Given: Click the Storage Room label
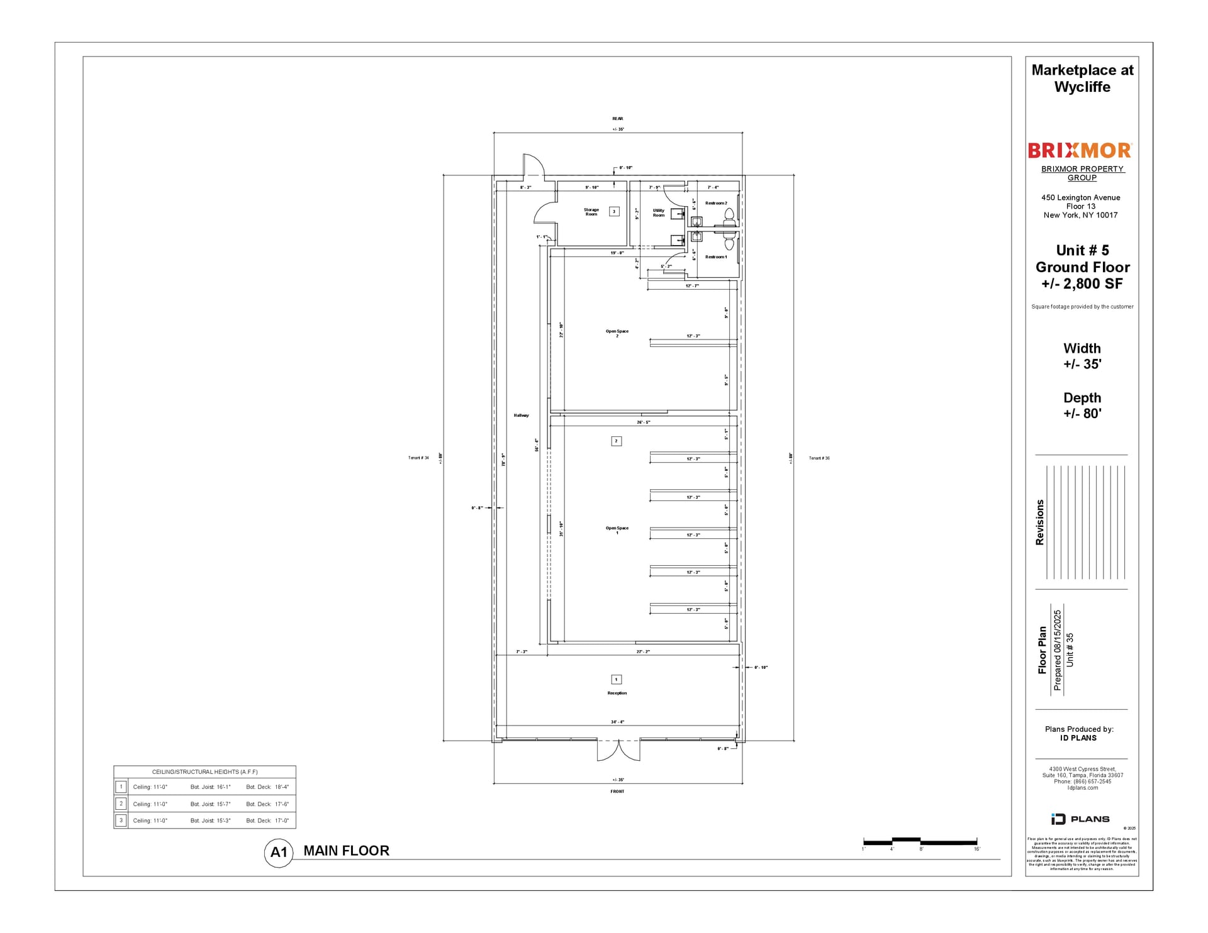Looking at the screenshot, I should point(591,212).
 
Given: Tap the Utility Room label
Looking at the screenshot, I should point(658,213).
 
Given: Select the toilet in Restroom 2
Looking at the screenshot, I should point(729,217).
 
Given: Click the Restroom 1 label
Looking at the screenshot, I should point(715,257).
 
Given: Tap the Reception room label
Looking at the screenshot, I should point(617,693).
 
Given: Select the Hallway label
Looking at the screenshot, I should point(521,415).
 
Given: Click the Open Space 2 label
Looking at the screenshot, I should point(617,333).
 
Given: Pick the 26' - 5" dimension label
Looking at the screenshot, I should point(643,422).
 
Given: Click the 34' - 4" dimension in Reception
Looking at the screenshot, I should point(617,722).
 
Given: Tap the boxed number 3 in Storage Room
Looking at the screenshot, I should point(614,212).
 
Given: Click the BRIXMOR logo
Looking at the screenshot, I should point(1080,150).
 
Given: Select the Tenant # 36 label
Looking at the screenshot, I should point(819,458).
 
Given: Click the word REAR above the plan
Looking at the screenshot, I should point(617,118).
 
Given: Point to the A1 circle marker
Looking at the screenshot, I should point(278,853).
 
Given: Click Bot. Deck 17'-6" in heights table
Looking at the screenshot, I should point(267,804).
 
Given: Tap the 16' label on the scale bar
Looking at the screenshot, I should point(976,849).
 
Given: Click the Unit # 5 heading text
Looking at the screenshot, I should point(1082,250).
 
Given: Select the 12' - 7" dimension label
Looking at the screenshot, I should point(691,286).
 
